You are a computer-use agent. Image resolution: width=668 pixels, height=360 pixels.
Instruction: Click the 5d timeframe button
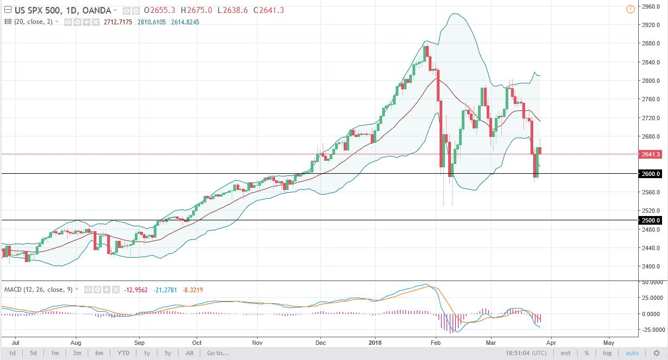tap(33, 354)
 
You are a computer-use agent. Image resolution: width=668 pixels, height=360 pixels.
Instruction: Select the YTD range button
tap(124, 354)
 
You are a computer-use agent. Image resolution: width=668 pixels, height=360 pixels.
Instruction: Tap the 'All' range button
tap(189, 354)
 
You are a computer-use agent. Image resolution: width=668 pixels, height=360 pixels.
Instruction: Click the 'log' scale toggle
tap(607, 354)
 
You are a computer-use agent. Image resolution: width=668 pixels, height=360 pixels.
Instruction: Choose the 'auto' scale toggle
tap(632, 354)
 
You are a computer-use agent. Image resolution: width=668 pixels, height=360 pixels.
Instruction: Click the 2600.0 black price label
tap(649, 174)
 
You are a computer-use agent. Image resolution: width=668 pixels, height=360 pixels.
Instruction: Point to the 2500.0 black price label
tap(649, 220)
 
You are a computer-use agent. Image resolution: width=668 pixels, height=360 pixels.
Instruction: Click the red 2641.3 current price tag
tap(649, 154)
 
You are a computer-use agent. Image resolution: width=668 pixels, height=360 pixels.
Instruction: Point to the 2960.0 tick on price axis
tap(649, 6)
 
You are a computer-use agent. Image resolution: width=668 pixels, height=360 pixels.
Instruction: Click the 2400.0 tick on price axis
tap(649, 266)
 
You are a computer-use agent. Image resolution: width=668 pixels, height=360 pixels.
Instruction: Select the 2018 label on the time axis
tap(375, 342)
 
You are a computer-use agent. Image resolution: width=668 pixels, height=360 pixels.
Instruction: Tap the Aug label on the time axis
tap(76, 342)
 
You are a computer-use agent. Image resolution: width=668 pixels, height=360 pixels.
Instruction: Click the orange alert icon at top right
tap(630, 9)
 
